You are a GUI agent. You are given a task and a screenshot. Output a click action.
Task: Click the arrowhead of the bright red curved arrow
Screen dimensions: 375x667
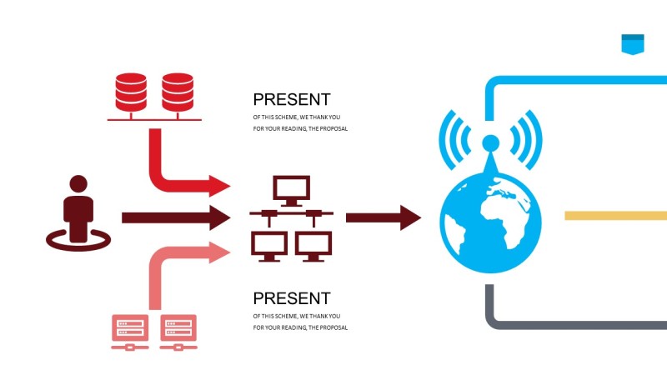(x=219, y=185)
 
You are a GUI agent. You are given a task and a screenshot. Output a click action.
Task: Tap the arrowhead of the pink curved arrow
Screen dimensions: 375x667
(x=219, y=251)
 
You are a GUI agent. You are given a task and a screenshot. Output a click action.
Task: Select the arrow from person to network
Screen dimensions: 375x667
(x=175, y=217)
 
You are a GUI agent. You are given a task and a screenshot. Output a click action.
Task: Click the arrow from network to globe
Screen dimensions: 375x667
(x=384, y=217)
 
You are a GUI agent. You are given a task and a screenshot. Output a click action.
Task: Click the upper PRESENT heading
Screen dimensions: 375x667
(x=292, y=99)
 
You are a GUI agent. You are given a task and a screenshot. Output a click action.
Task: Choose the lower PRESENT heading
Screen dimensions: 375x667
(x=292, y=298)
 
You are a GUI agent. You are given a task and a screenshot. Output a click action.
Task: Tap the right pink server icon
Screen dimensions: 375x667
(x=178, y=330)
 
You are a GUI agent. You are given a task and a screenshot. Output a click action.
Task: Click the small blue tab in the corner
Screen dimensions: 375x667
(x=633, y=43)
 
